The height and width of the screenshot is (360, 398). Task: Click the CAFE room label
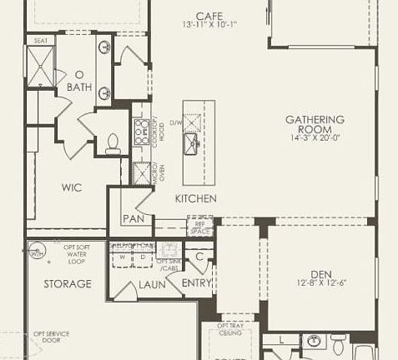[209, 16]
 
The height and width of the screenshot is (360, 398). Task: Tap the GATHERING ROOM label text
[315, 125]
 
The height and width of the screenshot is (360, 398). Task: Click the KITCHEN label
[196, 199]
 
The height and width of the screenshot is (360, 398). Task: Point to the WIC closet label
[71, 187]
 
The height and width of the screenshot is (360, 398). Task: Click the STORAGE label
[68, 284]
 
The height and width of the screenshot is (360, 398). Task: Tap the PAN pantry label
[134, 219]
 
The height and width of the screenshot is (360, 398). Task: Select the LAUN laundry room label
[153, 284]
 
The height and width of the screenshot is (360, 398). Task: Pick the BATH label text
[79, 87]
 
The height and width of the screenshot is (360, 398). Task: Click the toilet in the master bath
[114, 144]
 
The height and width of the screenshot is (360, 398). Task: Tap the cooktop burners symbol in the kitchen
[139, 131]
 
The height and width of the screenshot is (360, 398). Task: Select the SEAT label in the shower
[39, 40]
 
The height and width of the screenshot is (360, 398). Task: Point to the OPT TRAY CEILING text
[233, 329]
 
